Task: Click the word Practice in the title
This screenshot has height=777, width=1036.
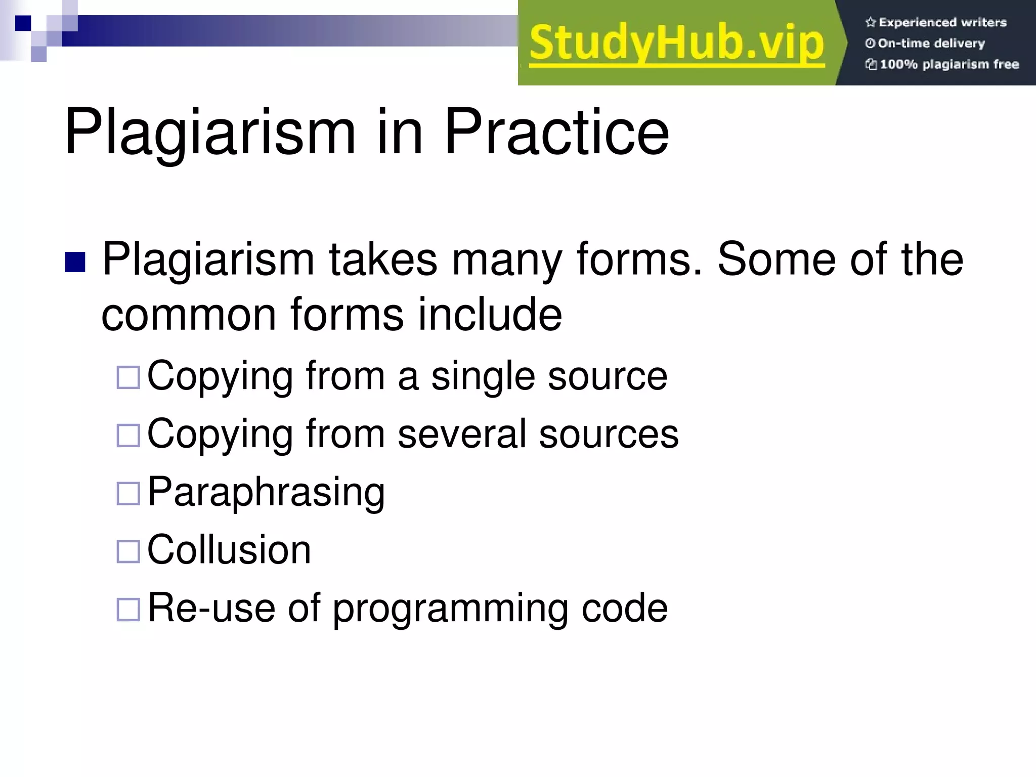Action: pos(556,132)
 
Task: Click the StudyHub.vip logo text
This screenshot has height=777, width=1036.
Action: pos(677,44)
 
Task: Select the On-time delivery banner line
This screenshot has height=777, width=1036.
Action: pos(931,44)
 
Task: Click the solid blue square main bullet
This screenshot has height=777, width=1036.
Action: pos(75,262)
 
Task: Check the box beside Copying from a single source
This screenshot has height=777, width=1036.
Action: pos(128,377)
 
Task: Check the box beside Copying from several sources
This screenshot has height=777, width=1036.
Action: pos(128,435)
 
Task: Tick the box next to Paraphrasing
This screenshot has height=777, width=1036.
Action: pos(128,493)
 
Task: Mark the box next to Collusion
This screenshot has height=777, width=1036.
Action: pos(128,551)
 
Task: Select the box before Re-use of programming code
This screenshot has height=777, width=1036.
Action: pos(128,609)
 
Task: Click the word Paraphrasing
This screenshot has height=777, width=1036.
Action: pos(266,492)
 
